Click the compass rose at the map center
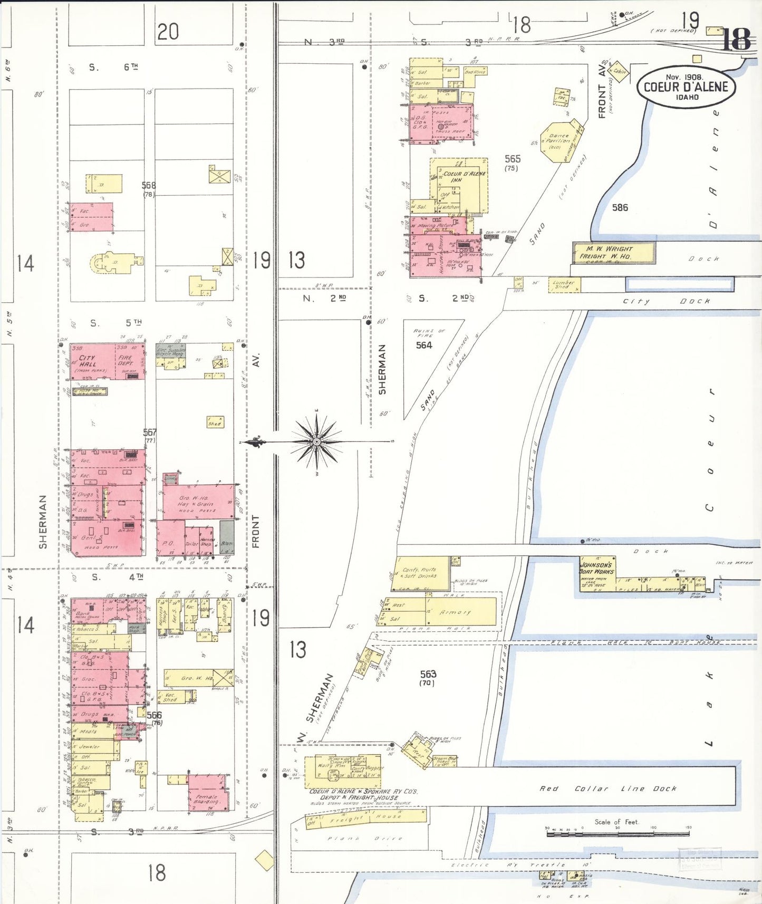pos(317,441)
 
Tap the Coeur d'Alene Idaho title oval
pos(686,87)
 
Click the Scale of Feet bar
pos(617,832)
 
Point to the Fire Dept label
pos(126,361)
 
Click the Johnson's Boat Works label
pos(596,568)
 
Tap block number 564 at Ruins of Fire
pos(424,345)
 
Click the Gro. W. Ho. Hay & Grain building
pos(196,503)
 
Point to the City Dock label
pos(666,301)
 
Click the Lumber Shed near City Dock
pos(564,285)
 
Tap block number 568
pos(149,186)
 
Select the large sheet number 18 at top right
pos(735,39)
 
